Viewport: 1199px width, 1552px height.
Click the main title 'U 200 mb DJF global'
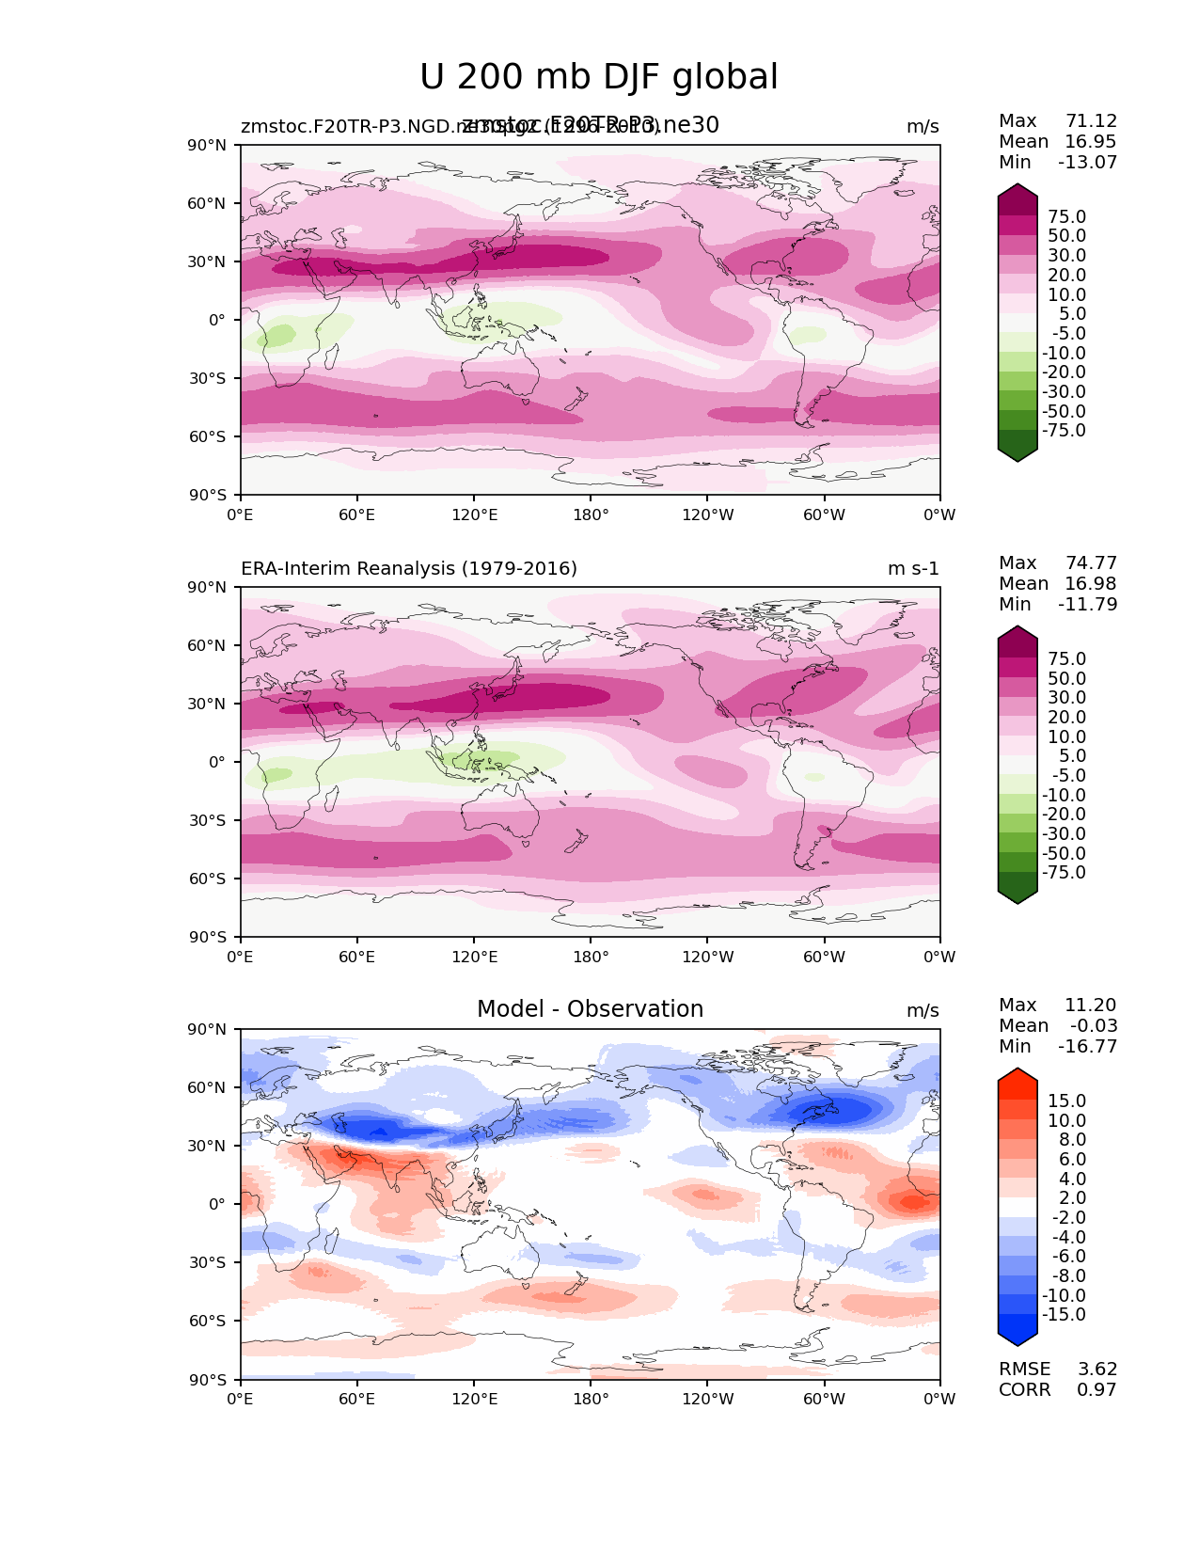click(x=598, y=77)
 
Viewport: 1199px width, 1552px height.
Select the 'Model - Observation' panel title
click(x=590, y=1009)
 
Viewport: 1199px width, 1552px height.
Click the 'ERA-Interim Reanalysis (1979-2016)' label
click(x=409, y=568)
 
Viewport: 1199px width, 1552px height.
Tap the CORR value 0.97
click(x=1096, y=1390)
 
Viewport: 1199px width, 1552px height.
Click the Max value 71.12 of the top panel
click(x=1091, y=121)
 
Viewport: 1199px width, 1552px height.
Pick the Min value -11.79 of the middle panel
click(x=1087, y=605)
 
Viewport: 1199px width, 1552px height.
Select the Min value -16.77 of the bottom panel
click(x=1087, y=1047)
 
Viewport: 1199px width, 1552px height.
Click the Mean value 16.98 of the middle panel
click(x=1091, y=584)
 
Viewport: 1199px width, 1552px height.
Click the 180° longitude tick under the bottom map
click(x=591, y=1399)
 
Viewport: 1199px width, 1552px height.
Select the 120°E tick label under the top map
click(x=474, y=515)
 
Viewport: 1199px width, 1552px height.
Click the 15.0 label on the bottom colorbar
click(x=1066, y=1101)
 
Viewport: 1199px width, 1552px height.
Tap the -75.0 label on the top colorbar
click(x=1064, y=431)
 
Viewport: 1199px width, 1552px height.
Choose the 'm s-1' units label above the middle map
click(x=913, y=569)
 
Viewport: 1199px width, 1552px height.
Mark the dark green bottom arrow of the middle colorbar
click(x=1018, y=892)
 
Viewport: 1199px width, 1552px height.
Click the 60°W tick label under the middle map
click(x=824, y=957)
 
